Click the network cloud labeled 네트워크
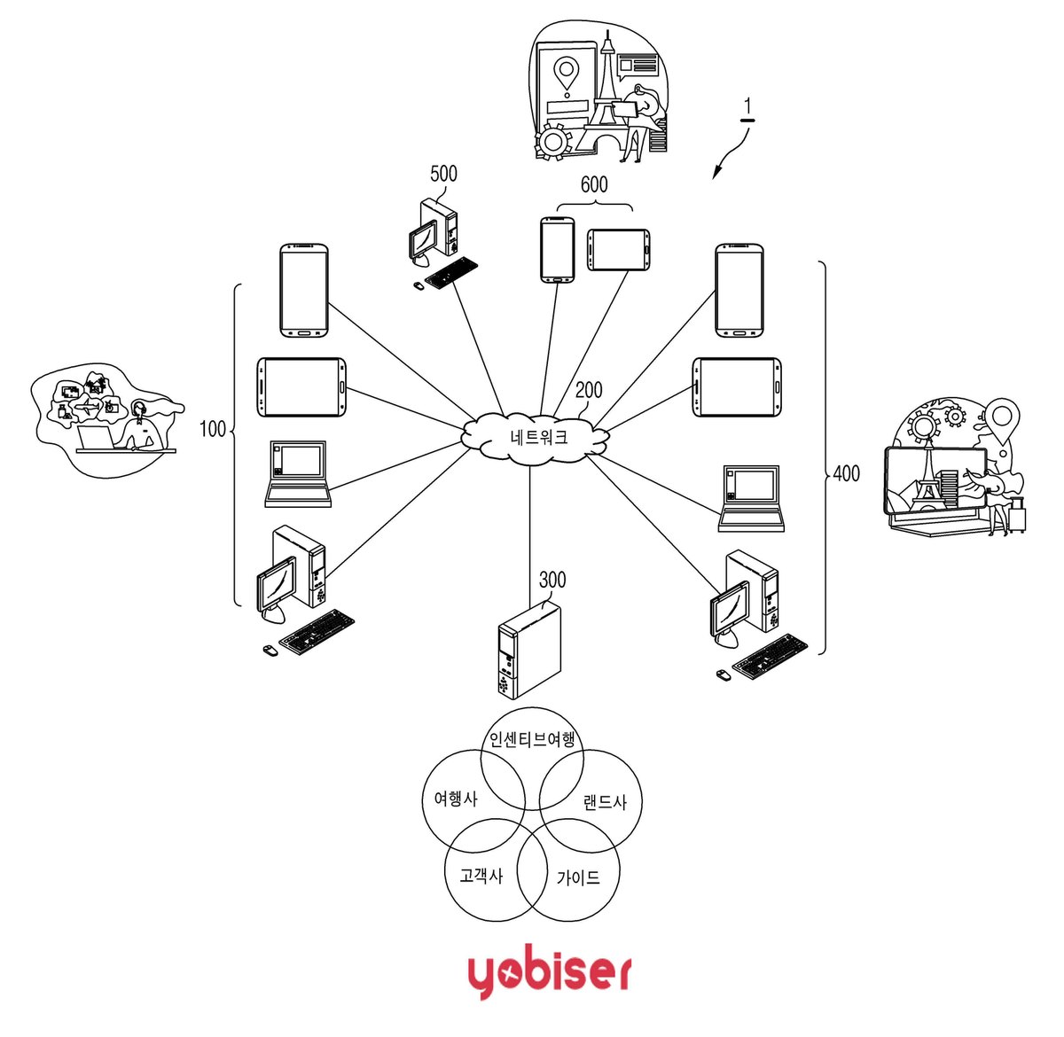click(534, 438)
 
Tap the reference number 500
click(443, 174)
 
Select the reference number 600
click(594, 184)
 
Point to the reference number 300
click(552, 580)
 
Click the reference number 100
click(212, 429)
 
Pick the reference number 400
click(846, 473)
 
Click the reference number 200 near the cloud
click(589, 390)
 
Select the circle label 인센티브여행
click(532, 739)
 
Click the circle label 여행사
click(456, 799)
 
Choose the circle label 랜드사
click(605, 802)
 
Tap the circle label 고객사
click(481, 876)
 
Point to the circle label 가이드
click(578, 878)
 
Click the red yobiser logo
click(549, 971)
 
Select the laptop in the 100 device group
click(298, 474)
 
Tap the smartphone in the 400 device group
click(739, 291)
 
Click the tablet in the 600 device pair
click(618, 250)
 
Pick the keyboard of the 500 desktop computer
click(451, 272)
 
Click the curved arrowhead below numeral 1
click(715, 174)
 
